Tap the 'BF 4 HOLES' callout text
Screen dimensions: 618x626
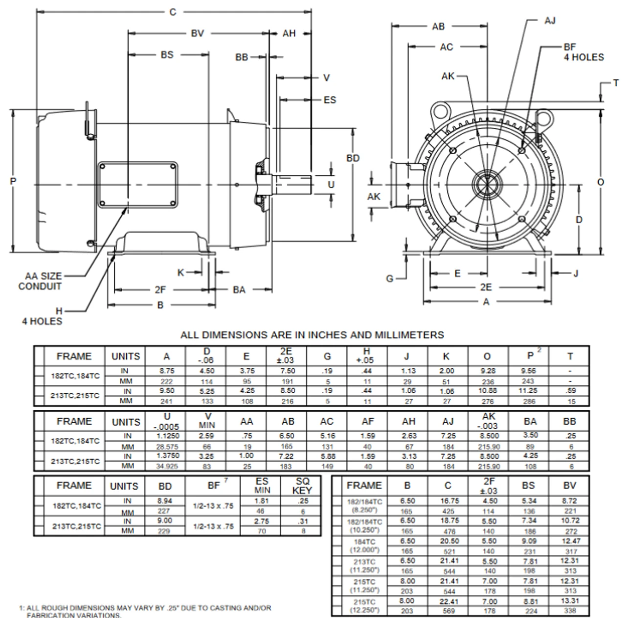pyautogui.click(x=583, y=52)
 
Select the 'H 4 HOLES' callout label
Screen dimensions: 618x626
pyautogui.click(x=42, y=316)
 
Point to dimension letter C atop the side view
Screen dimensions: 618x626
pyautogui.click(x=173, y=12)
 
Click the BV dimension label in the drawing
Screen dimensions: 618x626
pyautogui.click(x=197, y=34)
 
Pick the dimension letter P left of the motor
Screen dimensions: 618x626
pyautogui.click(x=13, y=182)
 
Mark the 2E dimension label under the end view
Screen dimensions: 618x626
pyautogui.click(x=485, y=287)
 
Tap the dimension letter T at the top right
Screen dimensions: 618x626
pyautogui.click(x=616, y=83)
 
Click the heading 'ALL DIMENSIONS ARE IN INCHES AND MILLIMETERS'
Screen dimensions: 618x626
pyautogui.click(x=312, y=335)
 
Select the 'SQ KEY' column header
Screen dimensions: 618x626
pyautogui.click(x=302, y=486)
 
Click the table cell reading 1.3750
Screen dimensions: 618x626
pyautogui.click(x=167, y=455)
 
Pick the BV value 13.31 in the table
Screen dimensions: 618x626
pyautogui.click(x=569, y=601)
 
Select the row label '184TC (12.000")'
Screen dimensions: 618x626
pyautogui.click(x=363, y=546)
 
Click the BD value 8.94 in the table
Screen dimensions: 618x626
pyautogui.click(x=165, y=501)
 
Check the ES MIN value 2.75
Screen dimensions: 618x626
pyautogui.click(x=262, y=522)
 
